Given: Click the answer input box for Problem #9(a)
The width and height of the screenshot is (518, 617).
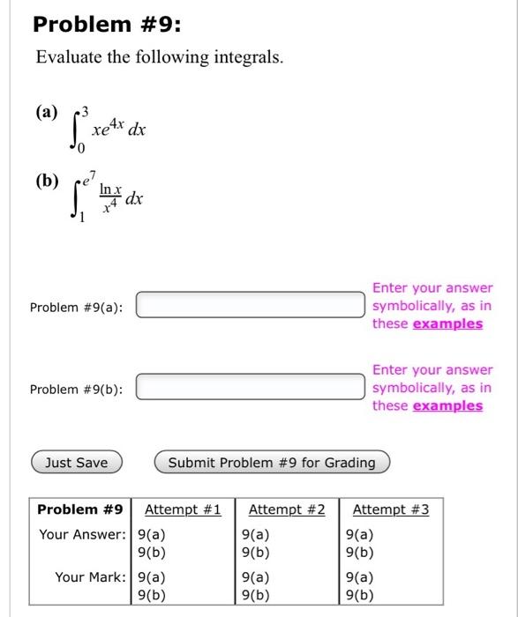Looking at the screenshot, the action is click(x=250, y=305).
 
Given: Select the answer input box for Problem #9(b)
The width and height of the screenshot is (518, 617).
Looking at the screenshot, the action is click(x=250, y=387).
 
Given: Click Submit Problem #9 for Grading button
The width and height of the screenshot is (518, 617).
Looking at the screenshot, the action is click(x=271, y=463).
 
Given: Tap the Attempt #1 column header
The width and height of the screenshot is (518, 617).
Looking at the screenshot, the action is click(x=183, y=509).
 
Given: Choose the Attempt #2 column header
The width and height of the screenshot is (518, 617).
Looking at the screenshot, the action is click(x=287, y=509).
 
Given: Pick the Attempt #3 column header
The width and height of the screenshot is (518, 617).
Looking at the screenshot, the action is click(x=391, y=509).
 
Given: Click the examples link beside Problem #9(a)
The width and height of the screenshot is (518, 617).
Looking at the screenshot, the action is click(x=447, y=323).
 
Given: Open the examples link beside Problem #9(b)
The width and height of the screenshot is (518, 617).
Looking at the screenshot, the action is click(x=447, y=405).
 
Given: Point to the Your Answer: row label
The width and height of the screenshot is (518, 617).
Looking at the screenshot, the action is click(x=82, y=534).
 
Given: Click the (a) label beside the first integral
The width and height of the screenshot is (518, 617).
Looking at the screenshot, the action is click(x=46, y=113).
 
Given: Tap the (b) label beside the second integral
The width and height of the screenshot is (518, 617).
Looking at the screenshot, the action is click(x=46, y=182).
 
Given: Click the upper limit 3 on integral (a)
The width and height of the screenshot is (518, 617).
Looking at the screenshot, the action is click(x=86, y=112).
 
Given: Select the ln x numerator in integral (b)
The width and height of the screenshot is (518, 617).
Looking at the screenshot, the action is click(x=109, y=189).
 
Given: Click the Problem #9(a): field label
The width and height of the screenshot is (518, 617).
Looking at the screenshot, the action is click(x=76, y=307).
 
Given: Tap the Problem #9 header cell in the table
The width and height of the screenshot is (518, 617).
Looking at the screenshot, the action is click(x=79, y=509).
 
